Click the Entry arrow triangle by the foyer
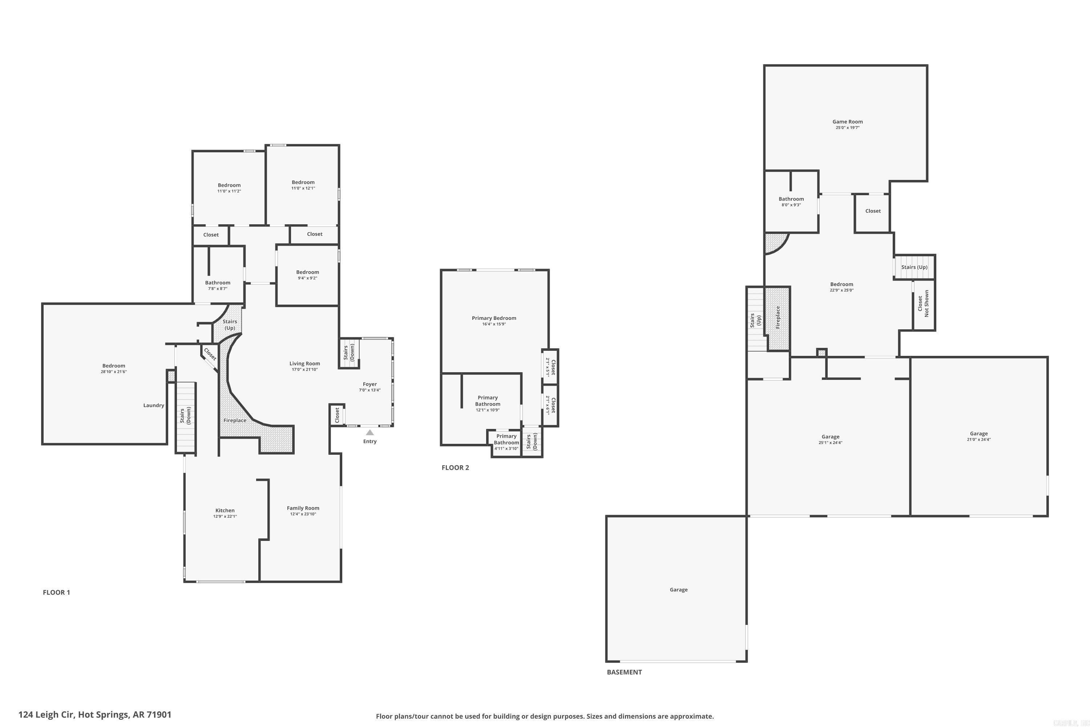370,432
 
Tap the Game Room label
847,121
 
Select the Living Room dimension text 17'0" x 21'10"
304,370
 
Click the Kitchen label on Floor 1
225,510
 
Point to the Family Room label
303,508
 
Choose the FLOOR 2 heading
455,467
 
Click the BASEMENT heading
624,672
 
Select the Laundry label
153,405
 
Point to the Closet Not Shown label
923,304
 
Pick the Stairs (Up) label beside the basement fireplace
755,320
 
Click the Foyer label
370,384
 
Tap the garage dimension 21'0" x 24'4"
979,439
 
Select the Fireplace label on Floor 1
235,421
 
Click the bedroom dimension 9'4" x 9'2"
308,278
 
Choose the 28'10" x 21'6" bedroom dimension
113,372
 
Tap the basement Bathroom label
791,199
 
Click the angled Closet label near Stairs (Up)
210,354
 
